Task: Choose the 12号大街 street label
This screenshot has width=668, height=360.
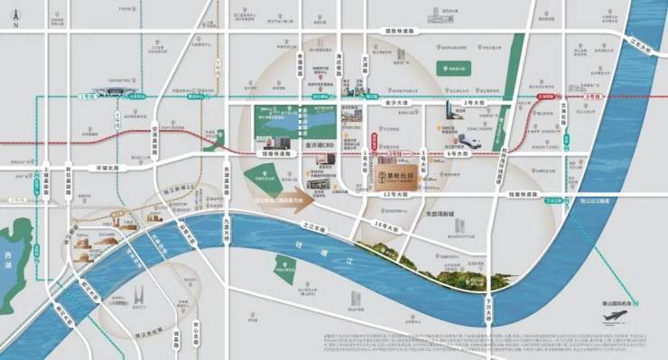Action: pyautogui.click(x=398, y=195)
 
